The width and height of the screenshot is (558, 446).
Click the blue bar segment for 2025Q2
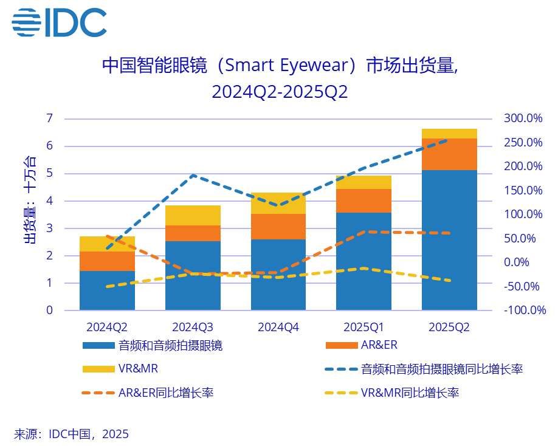(x=449, y=240)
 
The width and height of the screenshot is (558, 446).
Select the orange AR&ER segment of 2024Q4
(x=278, y=227)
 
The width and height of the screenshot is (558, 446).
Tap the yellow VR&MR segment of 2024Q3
(x=193, y=215)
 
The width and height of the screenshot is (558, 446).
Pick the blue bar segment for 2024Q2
(x=107, y=290)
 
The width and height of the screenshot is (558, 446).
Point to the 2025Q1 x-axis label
(x=363, y=327)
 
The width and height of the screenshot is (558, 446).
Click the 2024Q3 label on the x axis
(x=193, y=327)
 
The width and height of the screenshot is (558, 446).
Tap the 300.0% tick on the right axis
(x=523, y=118)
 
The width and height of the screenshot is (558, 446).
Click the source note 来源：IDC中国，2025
(x=71, y=434)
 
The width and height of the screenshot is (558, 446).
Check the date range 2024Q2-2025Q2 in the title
(x=279, y=92)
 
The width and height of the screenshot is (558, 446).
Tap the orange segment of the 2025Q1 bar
(x=363, y=201)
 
